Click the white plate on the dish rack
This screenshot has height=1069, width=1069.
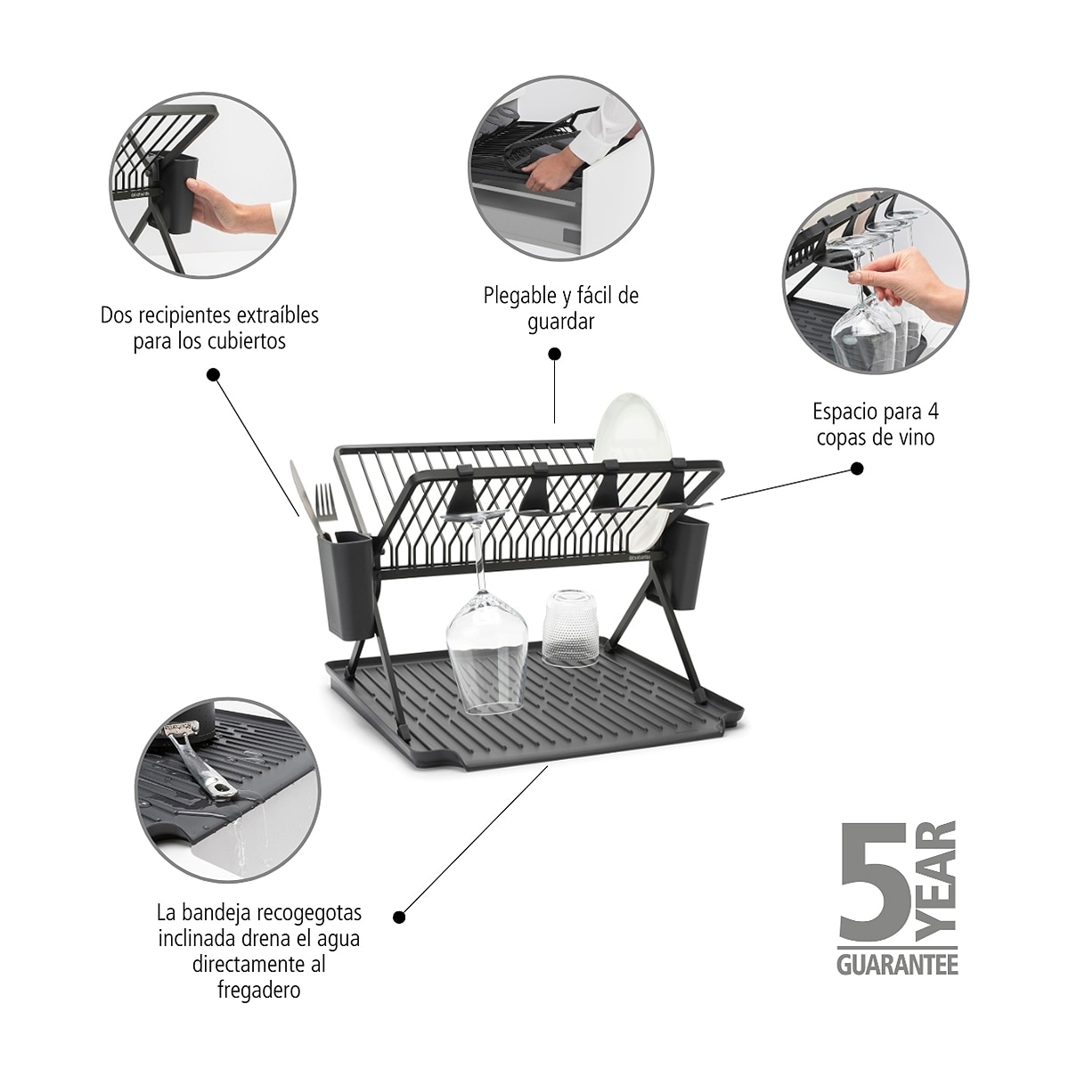[633, 472]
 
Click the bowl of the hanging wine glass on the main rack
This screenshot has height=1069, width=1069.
[487, 653]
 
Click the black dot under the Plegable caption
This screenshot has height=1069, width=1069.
[554, 354]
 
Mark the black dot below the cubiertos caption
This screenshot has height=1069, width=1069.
[213, 375]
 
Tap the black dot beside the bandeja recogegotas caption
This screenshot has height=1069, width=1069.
[399, 917]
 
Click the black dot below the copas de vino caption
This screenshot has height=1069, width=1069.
[857, 469]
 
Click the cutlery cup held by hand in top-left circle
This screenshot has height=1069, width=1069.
[178, 192]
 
